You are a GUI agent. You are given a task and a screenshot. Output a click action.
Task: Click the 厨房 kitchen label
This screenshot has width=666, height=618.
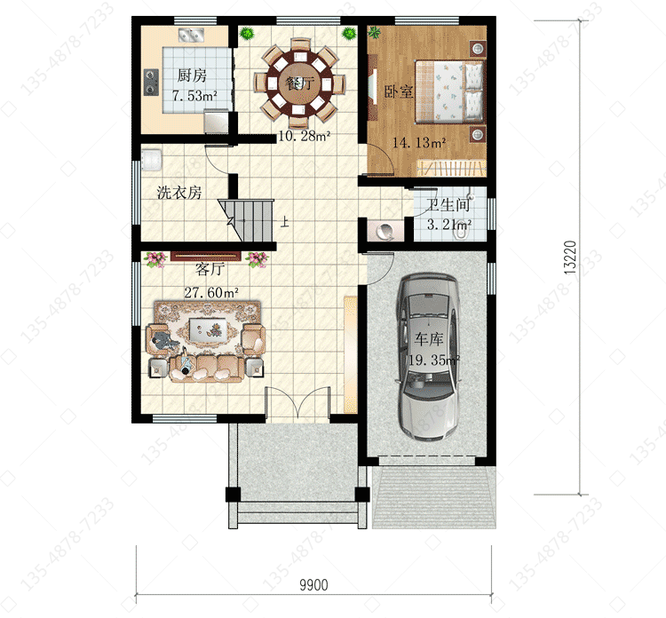pyautogui.click(x=192, y=75)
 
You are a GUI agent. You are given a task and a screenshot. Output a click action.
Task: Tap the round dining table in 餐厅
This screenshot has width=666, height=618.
pyautogui.click(x=299, y=83)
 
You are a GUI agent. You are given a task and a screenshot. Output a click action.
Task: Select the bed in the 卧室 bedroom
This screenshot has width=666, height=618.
pyautogui.click(x=449, y=91)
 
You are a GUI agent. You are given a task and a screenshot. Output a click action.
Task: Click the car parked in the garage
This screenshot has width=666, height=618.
pyautogui.click(x=428, y=357)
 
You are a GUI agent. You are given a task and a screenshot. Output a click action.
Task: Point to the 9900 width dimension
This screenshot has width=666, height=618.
pyautogui.click(x=313, y=585)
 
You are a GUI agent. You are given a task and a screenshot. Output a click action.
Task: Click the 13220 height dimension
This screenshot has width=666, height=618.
pyautogui.click(x=570, y=257)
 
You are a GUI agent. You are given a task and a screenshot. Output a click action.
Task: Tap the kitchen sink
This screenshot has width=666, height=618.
pyautogui.click(x=191, y=36)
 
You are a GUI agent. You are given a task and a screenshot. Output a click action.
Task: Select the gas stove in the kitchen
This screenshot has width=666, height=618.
pyautogui.click(x=151, y=82)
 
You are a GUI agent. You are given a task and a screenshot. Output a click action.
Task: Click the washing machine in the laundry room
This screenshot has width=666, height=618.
pyautogui.click(x=151, y=160)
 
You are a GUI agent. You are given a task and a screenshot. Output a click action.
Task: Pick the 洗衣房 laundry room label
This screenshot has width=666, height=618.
pyautogui.click(x=179, y=193)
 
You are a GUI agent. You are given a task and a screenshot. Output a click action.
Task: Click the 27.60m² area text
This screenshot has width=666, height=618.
pyautogui.click(x=211, y=292)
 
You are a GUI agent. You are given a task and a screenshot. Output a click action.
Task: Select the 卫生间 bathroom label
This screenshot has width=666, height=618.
pyautogui.click(x=448, y=205)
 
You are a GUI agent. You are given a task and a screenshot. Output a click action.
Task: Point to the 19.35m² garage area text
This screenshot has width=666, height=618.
pyautogui.click(x=434, y=360)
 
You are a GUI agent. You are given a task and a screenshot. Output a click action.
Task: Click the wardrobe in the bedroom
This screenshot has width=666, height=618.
pyautogui.click(x=451, y=167)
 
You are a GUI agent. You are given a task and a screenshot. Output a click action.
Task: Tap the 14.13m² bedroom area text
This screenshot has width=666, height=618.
pyautogui.click(x=419, y=143)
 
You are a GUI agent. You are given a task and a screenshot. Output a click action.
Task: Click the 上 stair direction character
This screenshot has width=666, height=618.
pyautogui.click(x=284, y=222)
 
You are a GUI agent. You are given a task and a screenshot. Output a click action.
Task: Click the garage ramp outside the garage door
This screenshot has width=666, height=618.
pyautogui.click(x=434, y=497)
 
